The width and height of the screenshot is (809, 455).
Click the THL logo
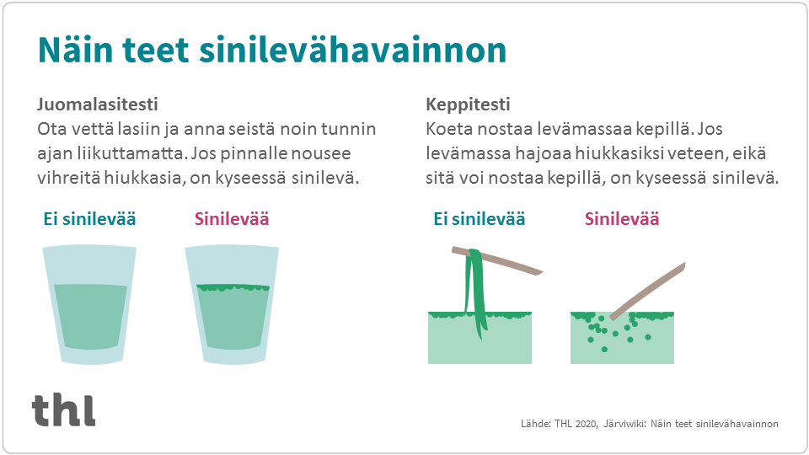pyautogui.click(x=64, y=409)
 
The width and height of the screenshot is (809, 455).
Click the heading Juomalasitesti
pyautogui.click(x=98, y=106)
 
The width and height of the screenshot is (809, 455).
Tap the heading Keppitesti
pyautogui.click(x=468, y=106)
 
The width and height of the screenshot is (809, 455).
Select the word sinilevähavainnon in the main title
pyautogui.click(x=354, y=51)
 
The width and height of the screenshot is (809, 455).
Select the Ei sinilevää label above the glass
pyautogui.click(x=89, y=220)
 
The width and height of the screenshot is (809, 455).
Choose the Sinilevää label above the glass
pyautogui.click(x=232, y=220)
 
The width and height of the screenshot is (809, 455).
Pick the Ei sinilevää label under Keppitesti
pyautogui.click(x=479, y=220)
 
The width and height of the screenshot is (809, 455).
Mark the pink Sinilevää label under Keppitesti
pyautogui.click(x=622, y=220)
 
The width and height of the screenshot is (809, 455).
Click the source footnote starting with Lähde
pyautogui.click(x=649, y=423)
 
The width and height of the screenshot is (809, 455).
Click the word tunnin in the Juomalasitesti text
pyautogui.click(x=349, y=131)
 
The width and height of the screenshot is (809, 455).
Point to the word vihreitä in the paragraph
pyautogui.click(x=70, y=179)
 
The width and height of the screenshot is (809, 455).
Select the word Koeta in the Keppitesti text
pyautogui.click(x=450, y=131)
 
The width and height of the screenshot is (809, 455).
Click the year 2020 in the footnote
pyautogui.click(x=583, y=423)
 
